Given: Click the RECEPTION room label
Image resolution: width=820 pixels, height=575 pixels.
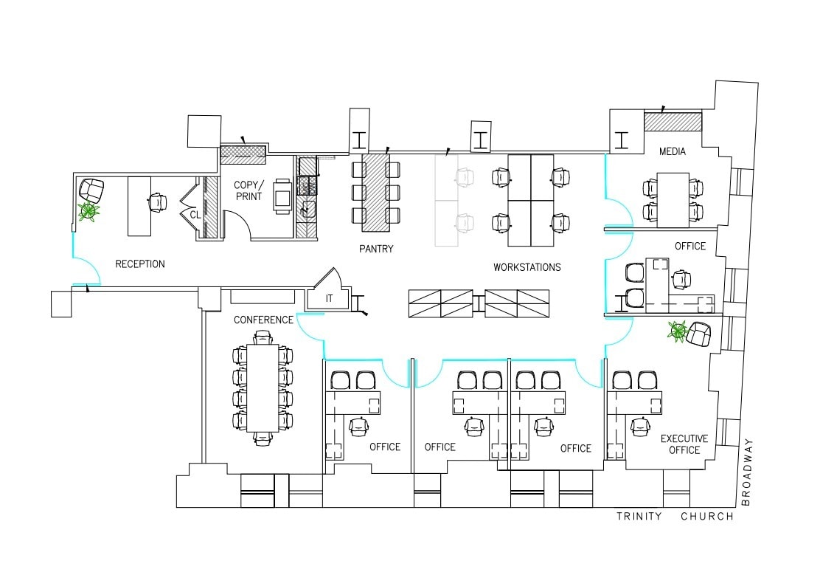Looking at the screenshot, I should click(140, 264).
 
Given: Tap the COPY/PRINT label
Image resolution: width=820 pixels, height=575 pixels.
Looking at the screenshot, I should click(248, 190).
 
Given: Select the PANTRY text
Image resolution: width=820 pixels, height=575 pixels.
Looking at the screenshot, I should click(376, 249).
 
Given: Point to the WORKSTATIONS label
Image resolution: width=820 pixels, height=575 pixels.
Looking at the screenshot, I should click(527, 267).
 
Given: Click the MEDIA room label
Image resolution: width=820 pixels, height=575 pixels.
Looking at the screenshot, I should click(673, 152).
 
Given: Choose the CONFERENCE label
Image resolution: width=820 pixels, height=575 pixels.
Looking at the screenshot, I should click(263, 320).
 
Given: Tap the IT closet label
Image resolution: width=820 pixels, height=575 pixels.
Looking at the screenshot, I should click(330, 299).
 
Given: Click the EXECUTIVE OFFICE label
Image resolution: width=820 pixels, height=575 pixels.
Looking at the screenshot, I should click(684, 444).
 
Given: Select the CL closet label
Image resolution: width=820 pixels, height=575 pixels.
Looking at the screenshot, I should click(195, 214).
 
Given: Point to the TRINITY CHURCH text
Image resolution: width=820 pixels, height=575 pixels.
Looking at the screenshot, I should click(675, 517).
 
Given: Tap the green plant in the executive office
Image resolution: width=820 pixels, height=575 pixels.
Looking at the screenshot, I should click(676, 331).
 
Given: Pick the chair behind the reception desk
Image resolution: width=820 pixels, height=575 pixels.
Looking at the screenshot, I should click(158, 202).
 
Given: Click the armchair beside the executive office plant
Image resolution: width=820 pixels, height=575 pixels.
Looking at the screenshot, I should click(698, 335).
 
